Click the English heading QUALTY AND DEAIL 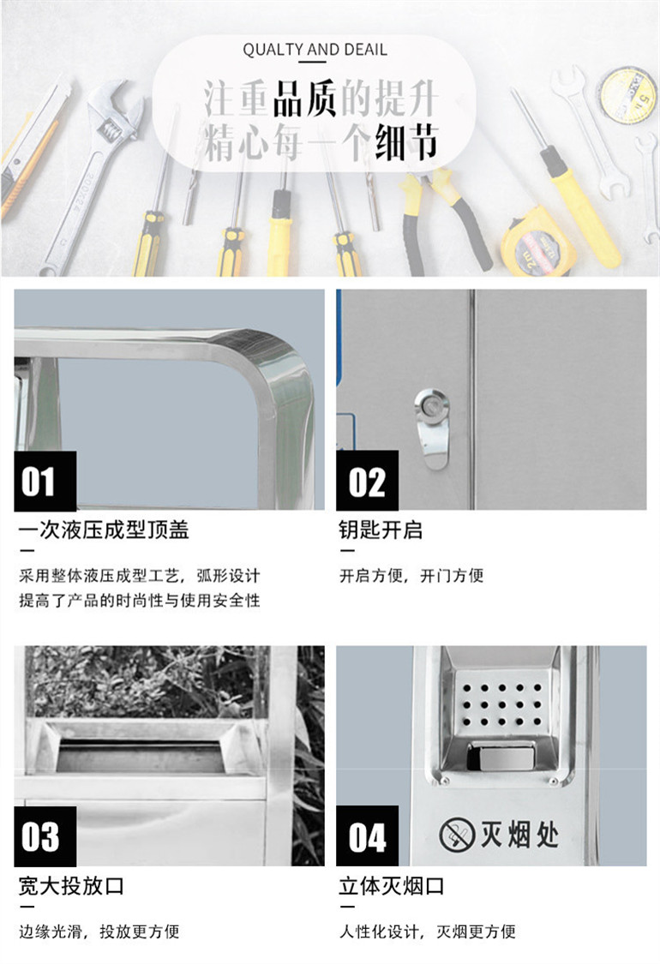point(315,50)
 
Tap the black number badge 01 point(45,481)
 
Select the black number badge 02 point(367,481)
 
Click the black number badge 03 point(45,836)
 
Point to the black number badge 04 point(367,836)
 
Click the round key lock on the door point(430,404)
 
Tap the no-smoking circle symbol point(456,835)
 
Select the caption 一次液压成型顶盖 point(104,530)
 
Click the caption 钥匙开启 point(380,530)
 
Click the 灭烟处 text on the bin point(519,835)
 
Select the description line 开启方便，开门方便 point(411,576)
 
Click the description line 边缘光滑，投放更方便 point(99,931)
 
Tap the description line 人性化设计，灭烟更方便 point(428,931)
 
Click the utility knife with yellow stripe point(32,147)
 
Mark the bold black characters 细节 point(406,142)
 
